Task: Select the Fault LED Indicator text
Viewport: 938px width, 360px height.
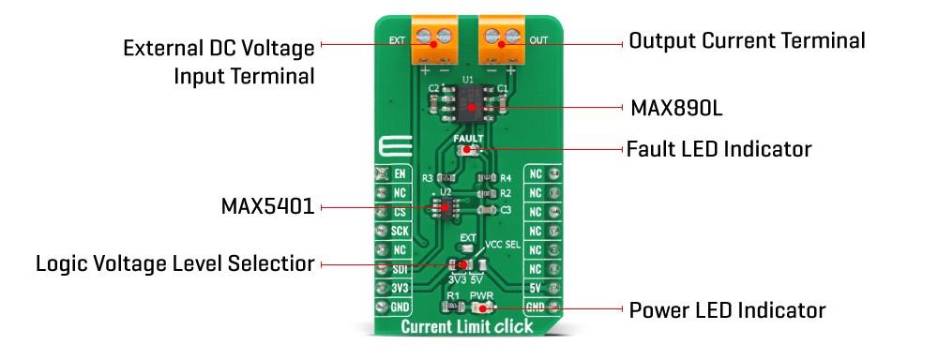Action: click(x=719, y=149)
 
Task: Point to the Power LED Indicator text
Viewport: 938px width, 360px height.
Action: click(x=727, y=309)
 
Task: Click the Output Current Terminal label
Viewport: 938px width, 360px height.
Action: click(x=747, y=41)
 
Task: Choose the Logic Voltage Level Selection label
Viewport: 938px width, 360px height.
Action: click(x=174, y=264)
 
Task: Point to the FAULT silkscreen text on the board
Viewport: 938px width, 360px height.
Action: click(x=467, y=139)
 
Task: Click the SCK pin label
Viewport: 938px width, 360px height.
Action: click(x=400, y=231)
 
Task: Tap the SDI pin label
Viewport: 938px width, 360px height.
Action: click(x=400, y=269)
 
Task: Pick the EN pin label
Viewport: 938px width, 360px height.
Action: click(x=400, y=174)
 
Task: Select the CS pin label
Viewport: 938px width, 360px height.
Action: click(x=400, y=212)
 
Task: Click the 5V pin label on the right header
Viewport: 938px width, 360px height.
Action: click(x=536, y=288)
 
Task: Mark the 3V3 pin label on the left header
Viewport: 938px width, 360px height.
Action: click(x=400, y=288)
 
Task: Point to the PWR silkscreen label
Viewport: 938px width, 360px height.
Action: click(x=481, y=295)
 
